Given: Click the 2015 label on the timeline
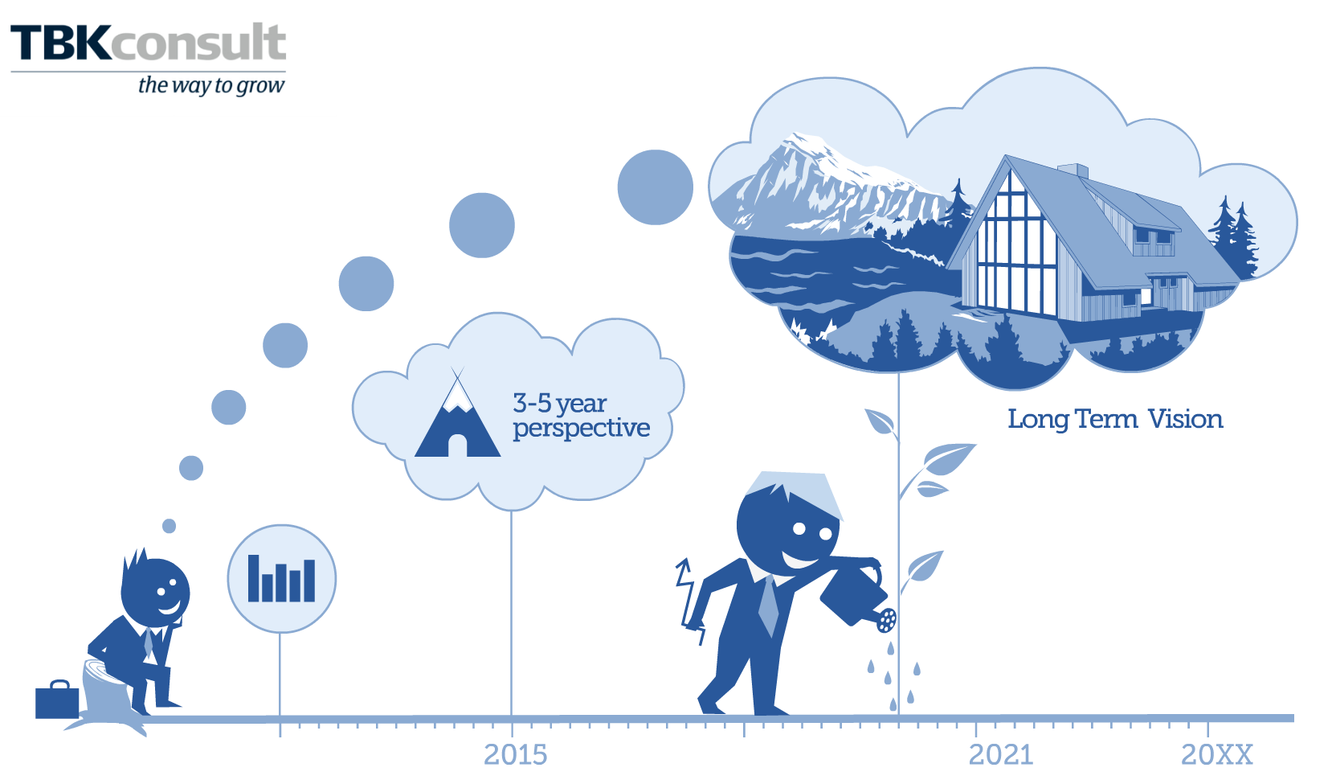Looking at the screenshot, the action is click(x=515, y=755).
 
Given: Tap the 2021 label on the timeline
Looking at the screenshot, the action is click(x=1000, y=755).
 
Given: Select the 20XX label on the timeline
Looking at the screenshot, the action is click(x=1216, y=755).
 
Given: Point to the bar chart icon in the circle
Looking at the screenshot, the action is click(x=281, y=578).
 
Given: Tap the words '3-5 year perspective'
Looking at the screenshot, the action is click(x=581, y=416).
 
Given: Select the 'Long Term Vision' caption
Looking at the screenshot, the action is click(x=1115, y=419).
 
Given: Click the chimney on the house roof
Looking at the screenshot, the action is click(x=1073, y=170).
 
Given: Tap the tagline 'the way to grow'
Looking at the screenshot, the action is click(x=211, y=86).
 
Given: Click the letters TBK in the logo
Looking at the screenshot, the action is click(x=60, y=43).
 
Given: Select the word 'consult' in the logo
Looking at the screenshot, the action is click(x=198, y=42).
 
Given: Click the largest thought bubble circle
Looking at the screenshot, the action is click(x=656, y=187).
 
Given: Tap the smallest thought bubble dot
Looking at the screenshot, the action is click(x=169, y=526).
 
